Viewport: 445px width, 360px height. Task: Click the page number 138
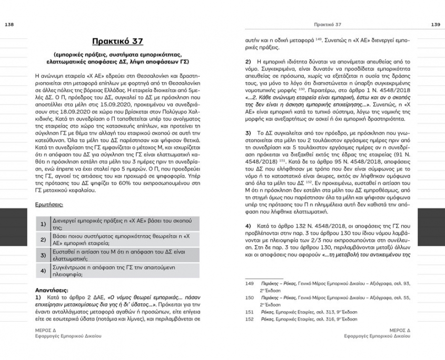(9, 24)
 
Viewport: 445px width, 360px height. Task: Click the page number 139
(436, 24)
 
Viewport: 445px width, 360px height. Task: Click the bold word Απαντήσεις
(52, 289)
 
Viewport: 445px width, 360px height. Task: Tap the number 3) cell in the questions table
(43, 256)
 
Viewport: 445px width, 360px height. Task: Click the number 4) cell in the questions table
(43, 271)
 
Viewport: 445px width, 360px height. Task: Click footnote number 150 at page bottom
(250, 298)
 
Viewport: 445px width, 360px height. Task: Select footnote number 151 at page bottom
(250, 312)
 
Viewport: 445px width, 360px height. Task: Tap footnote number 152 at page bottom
(250, 319)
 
